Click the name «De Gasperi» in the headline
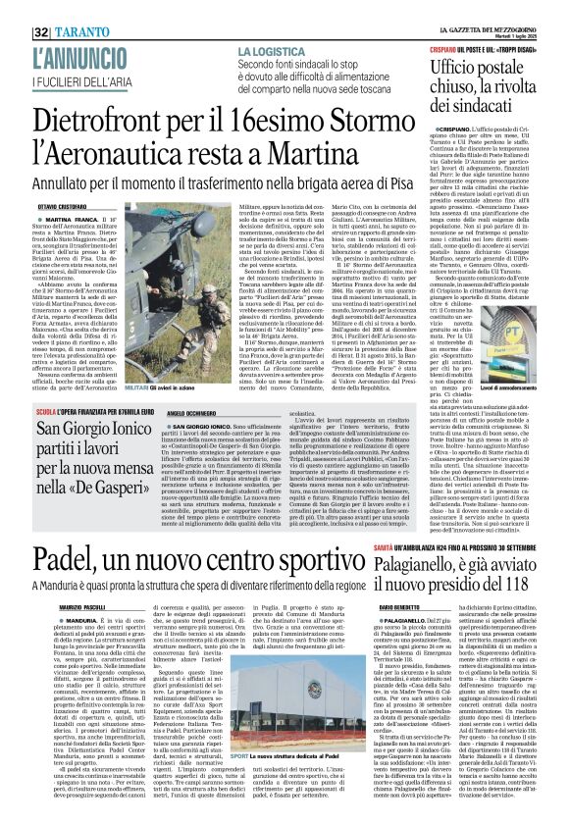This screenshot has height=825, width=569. [98, 483]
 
